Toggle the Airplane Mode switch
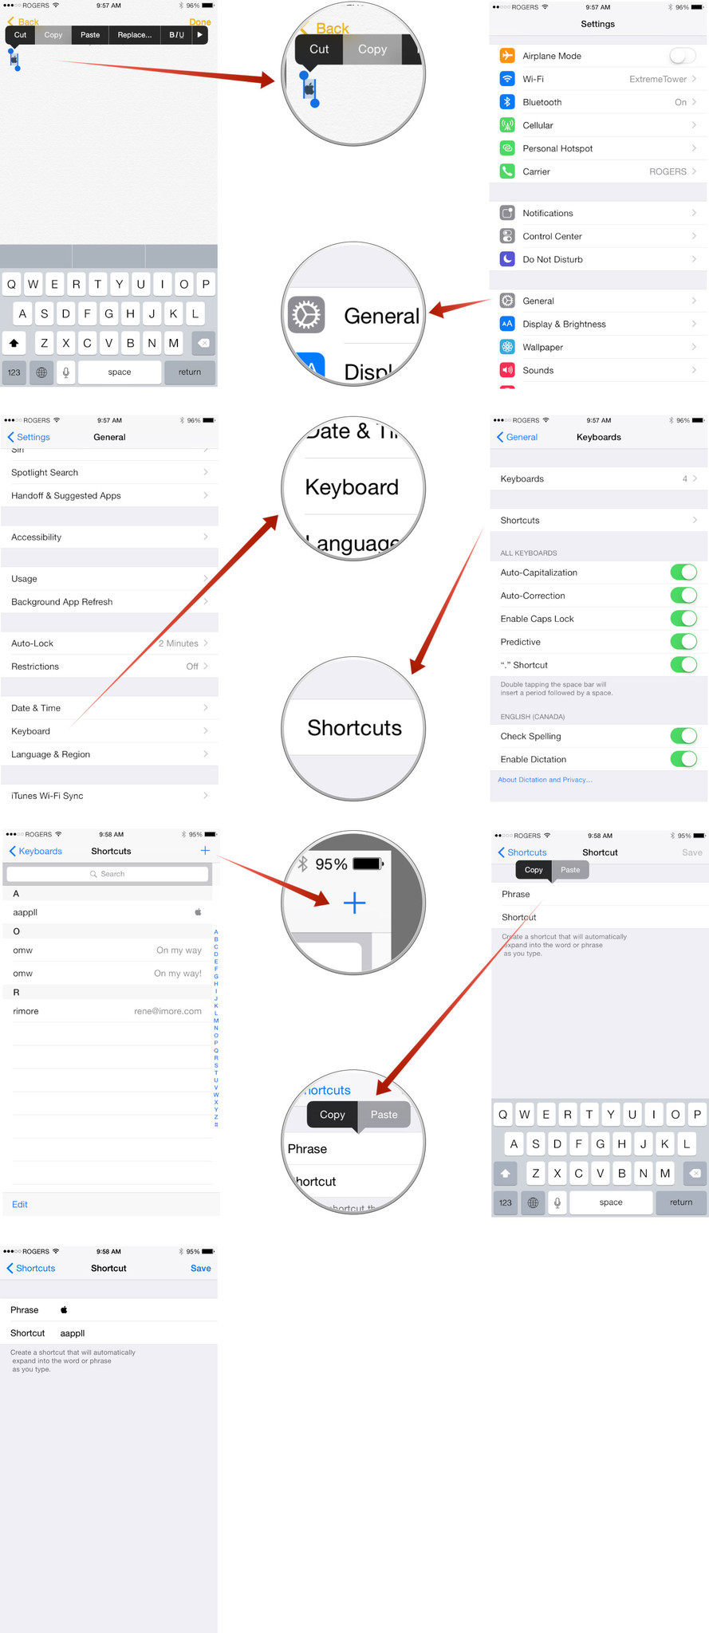point(682,56)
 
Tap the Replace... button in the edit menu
point(134,35)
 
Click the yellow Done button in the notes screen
point(200,22)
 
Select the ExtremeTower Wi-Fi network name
point(657,79)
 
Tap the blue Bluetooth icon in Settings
point(507,102)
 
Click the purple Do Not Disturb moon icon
point(507,259)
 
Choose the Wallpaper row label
point(542,347)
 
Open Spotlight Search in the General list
point(45,472)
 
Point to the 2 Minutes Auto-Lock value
point(179,643)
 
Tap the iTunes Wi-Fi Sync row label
point(47,796)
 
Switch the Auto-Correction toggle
point(683,596)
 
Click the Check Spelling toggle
point(683,736)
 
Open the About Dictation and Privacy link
point(545,780)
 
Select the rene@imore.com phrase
point(167,1011)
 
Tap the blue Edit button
point(20,1204)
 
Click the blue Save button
point(200,1269)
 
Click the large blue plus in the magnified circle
point(354,903)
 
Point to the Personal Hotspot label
point(557,148)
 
